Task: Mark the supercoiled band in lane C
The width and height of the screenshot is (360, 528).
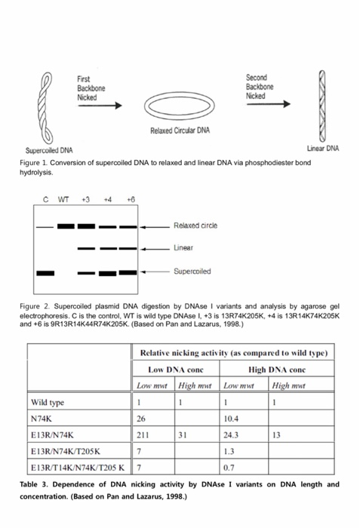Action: click(45, 272)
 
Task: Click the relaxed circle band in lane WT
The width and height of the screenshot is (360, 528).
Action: click(66, 226)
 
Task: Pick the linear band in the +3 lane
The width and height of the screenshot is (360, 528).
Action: click(87, 248)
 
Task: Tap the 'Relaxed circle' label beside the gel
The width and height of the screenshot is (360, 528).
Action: click(194, 226)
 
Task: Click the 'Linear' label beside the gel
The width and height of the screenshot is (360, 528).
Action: click(183, 247)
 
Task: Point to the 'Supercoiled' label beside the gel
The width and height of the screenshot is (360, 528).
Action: click(192, 272)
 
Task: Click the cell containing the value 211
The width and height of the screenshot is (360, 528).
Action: click(155, 434)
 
